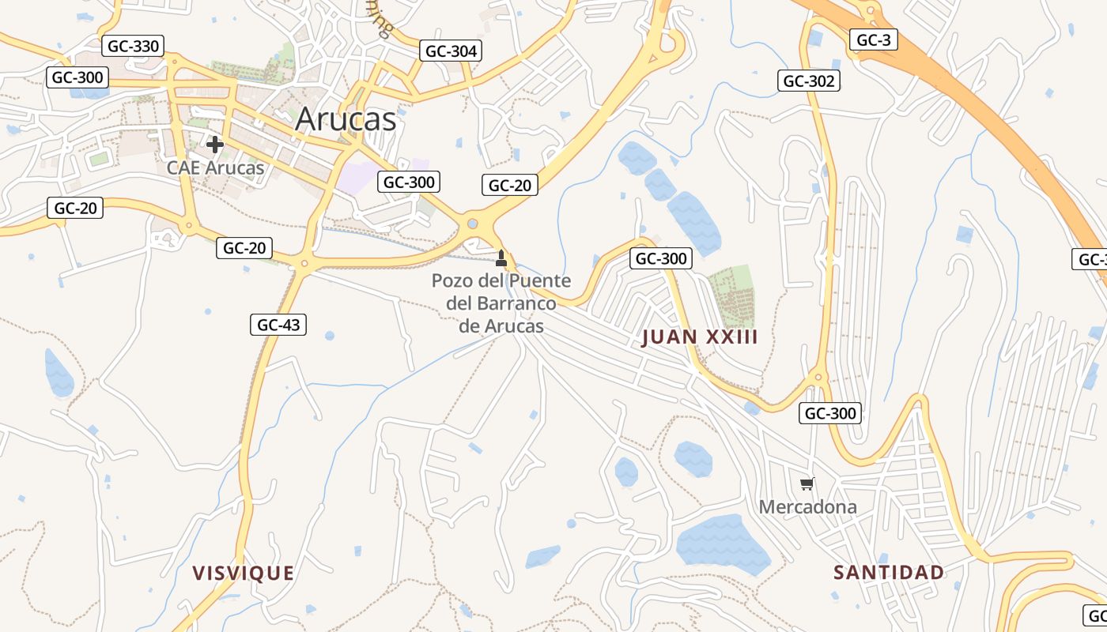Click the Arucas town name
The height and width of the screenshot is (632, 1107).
pyautogui.click(x=346, y=119)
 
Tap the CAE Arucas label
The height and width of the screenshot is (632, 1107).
pyautogui.click(x=215, y=167)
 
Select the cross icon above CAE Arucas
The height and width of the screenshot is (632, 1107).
pyautogui.click(x=214, y=145)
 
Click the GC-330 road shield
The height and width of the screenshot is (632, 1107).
pyautogui.click(x=133, y=46)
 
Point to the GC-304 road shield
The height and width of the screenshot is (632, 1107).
pyautogui.click(x=451, y=51)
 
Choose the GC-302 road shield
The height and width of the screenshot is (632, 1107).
pyautogui.click(x=808, y=81)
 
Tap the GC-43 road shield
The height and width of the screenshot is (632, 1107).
pyautogui.click(x=278, y=324)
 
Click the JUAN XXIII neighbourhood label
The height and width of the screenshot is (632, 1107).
pyautogui.click(x=700, y=337)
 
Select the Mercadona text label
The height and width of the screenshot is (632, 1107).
pyautogui.click(x=807, y=506)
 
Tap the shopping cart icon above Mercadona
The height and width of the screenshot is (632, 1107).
pyautogui.click(x=807, y=483)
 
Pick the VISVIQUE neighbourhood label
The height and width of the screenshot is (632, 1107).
pyautogui.click(x=244, y=573)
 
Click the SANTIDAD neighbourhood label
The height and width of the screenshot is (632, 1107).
pyautogui.click(x=889, y=572)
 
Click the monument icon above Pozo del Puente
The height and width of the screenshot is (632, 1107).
pyautogui.click(x=501, y=258)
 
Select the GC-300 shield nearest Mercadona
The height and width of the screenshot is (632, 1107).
pyautogui.click(x=829, y=412)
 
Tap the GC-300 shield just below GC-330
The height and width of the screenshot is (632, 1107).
pyautogui.click(x=77, y=77)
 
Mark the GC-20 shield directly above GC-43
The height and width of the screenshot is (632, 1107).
pyautogui.click(x=244, y=248)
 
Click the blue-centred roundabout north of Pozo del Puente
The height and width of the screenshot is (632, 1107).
pyautogui.click(x=473, y=224)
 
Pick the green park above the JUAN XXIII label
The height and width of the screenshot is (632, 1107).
pyautogui.click(x=731, y=295)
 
